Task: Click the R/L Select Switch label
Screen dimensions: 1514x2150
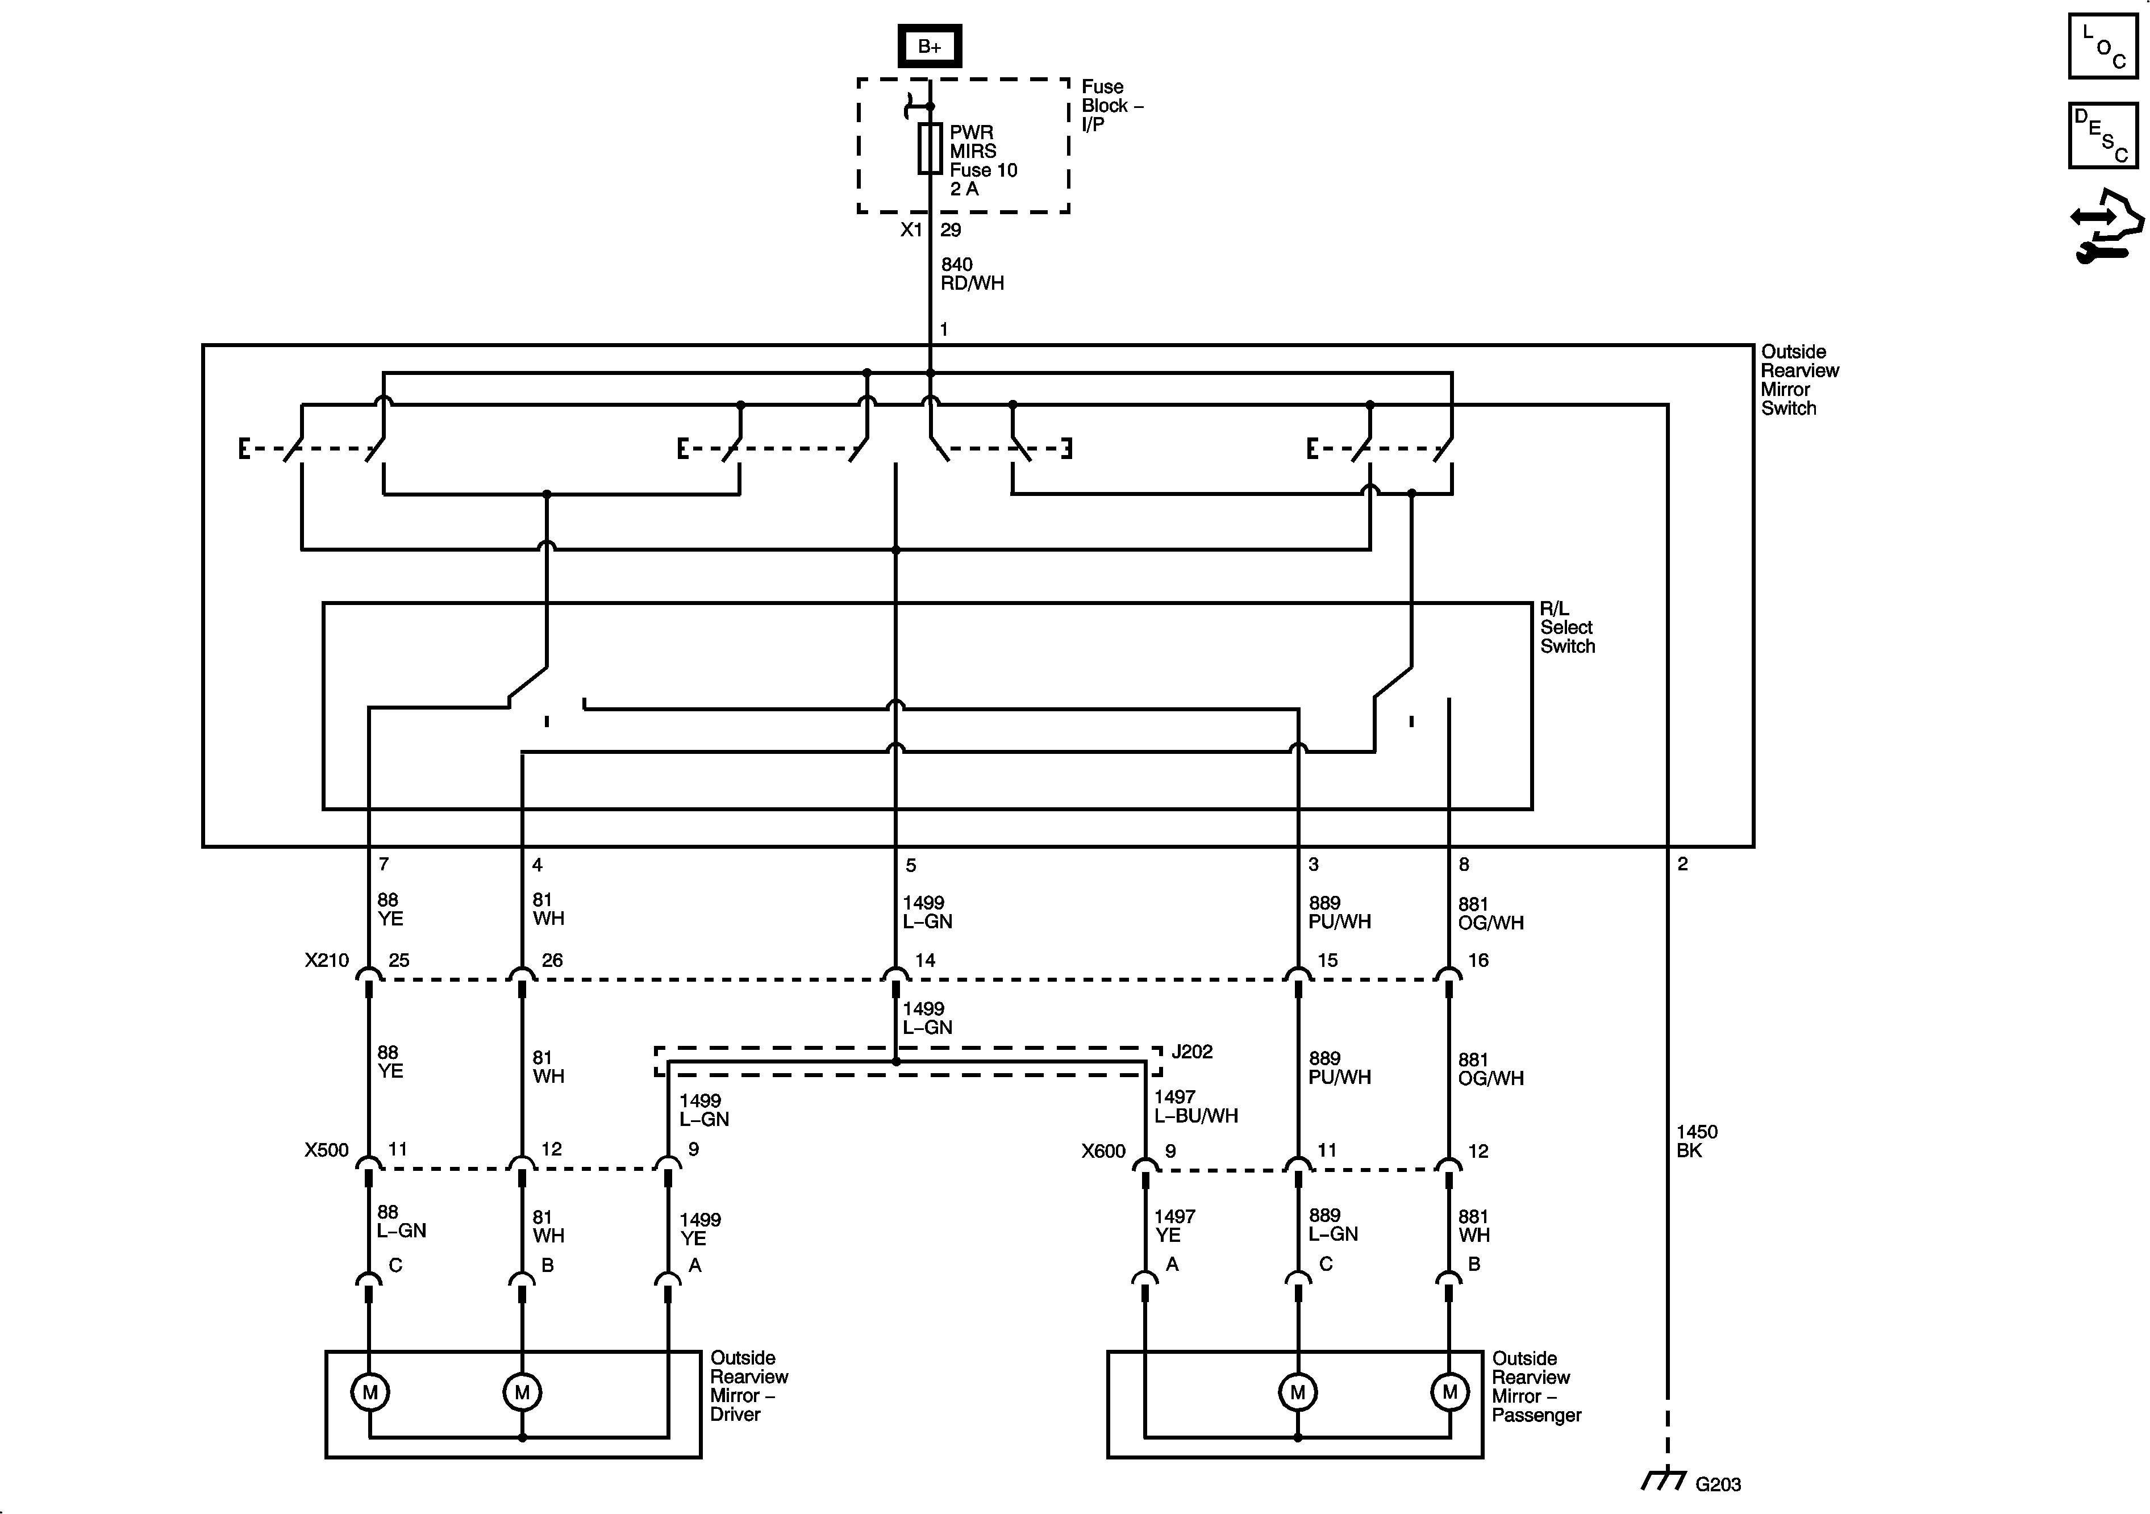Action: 1566,627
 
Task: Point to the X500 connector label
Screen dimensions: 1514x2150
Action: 326,1150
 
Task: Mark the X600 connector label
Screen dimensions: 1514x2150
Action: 1102,1152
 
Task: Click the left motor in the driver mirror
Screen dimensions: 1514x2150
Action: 370,1392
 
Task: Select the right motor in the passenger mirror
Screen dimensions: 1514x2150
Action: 1449,1392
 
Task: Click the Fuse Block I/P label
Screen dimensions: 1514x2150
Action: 1111,106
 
